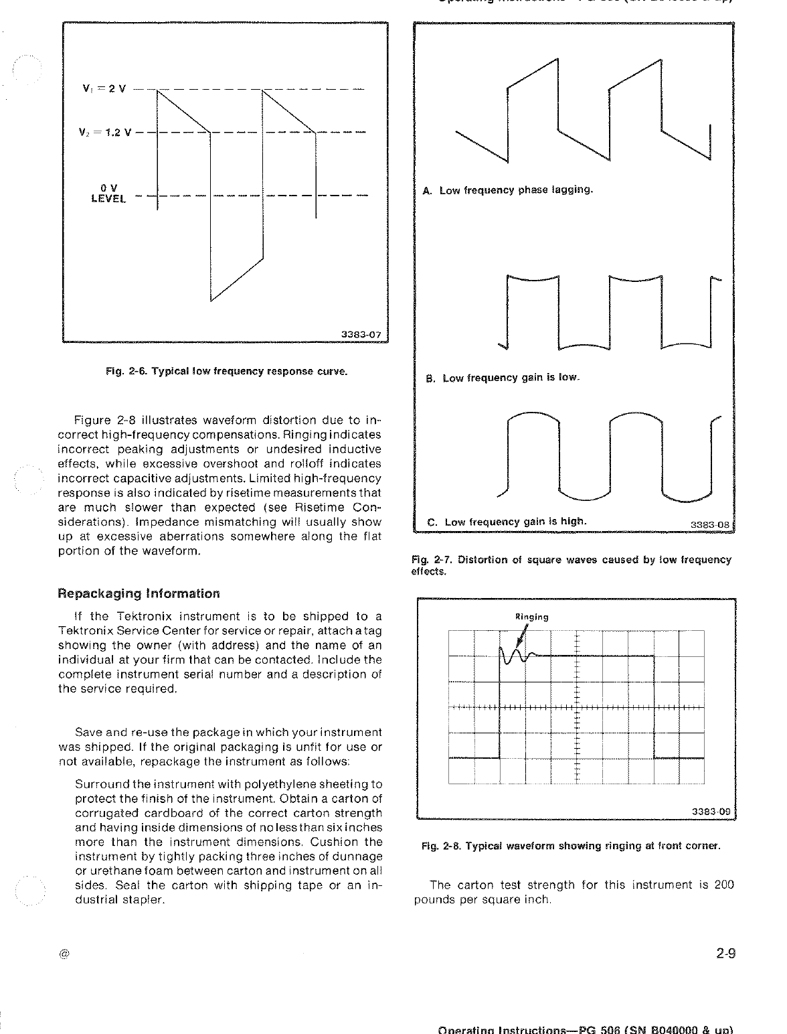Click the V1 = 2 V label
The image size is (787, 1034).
104,88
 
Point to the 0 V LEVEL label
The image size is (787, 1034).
108,194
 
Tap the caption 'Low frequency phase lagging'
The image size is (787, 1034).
509,190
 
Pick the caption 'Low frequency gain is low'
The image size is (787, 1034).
503,378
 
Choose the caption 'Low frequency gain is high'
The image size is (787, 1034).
507,522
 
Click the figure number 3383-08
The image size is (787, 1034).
711,525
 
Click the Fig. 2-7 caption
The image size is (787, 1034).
571,565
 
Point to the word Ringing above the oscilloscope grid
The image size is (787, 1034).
532,617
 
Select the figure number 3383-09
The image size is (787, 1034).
711,812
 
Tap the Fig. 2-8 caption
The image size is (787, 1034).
571,846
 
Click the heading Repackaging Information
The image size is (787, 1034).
139,593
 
